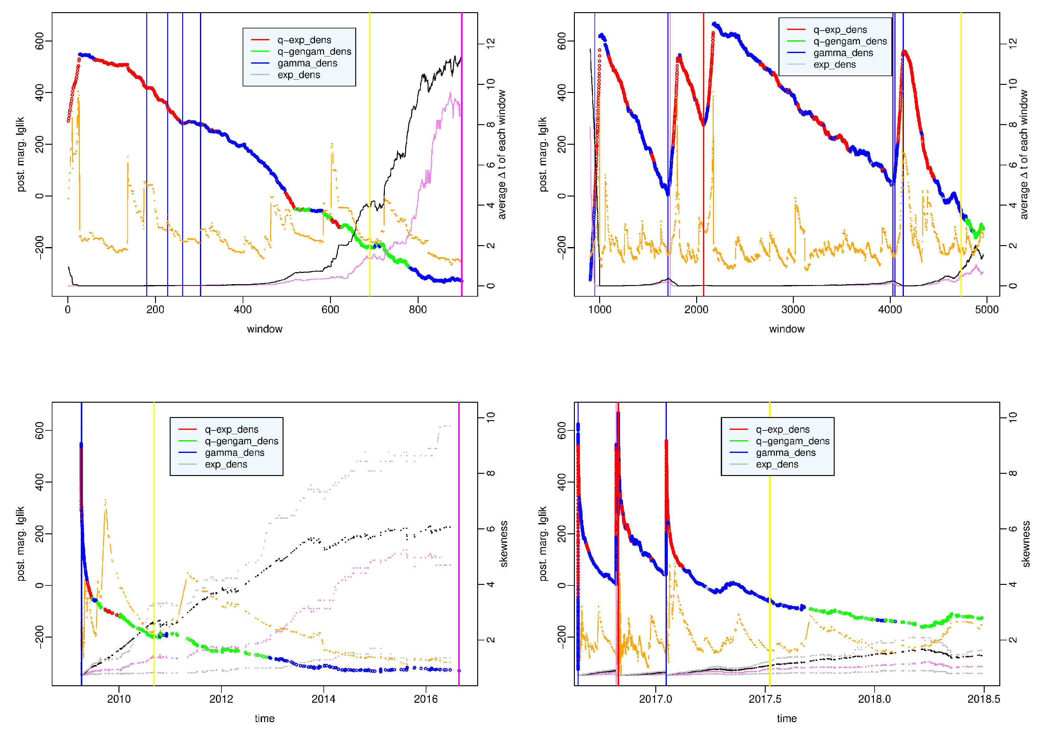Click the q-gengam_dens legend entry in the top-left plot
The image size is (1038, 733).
(x=314, y=51)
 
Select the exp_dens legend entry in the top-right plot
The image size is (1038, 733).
(x=834, y=65)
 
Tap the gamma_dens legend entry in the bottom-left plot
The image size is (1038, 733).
(x=234, y=453)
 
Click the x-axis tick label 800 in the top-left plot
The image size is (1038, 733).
(x=417, y=310)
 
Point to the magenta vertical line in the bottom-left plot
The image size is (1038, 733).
(x=458, y=543)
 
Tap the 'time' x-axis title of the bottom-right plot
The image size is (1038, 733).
(x=786, y=719)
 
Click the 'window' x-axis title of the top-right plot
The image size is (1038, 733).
(x=786, y=329)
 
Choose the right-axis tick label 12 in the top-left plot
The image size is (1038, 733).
(x=491, y=43)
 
